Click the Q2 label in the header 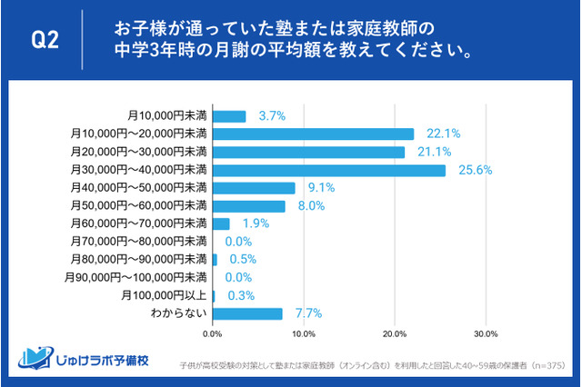pos(45,39)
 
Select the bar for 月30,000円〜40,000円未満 pos(328,170)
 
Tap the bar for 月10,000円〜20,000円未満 pos(313,134)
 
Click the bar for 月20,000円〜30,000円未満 pos(308,152)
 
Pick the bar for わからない pos(246,313)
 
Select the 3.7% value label pos(272,115)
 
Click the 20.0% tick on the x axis pos(394,332)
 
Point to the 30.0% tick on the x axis pos(485,332)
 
